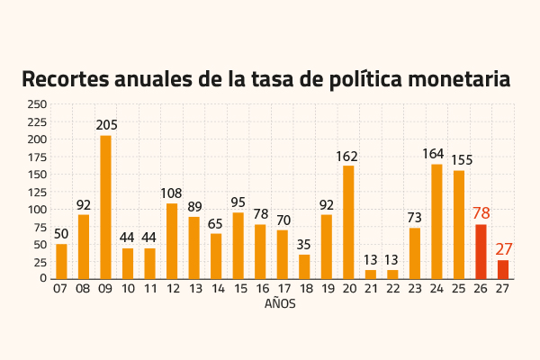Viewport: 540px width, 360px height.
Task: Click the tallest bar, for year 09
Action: click(x=105, y=207)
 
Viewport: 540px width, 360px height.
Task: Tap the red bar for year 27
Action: click(x=503, y=269)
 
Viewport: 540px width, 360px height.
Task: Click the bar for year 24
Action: click(x=436, y=220)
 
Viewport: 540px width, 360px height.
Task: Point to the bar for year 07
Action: click(x=61, y=261)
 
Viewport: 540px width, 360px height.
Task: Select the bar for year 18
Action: click(x=304, y=266)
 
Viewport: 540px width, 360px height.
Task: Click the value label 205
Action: click(x=105, y=125)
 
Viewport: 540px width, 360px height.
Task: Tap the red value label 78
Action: click(x=481, y=213)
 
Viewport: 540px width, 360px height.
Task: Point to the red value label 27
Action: click(x=503, y=249)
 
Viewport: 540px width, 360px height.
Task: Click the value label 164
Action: click(x=436, y=154)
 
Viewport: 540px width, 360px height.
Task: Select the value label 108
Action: click(x=172, y=193)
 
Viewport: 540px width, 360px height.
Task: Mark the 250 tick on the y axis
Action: click(x=37, y=104)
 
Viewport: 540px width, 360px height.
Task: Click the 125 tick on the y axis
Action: click(x=37, y=192)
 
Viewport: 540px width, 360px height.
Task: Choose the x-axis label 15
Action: click(x=238, y=290)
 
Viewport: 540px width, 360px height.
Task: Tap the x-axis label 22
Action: click(x=392, y=290)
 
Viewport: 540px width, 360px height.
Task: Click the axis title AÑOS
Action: click(x=280, y=304)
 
